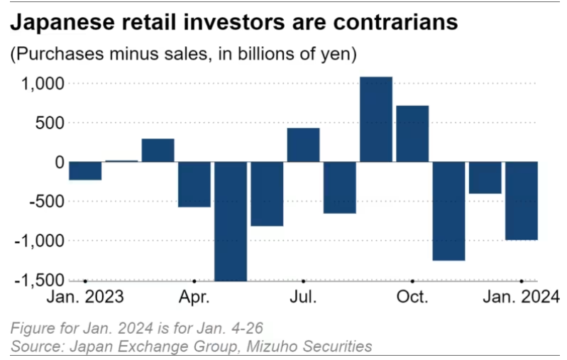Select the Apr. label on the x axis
click(194, 296)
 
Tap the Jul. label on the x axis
click(303, 296)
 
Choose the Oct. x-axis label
click(412, 296)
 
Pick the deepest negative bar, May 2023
click(231, 221)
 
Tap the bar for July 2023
click(303, 145)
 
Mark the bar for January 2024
click(522, 201)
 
